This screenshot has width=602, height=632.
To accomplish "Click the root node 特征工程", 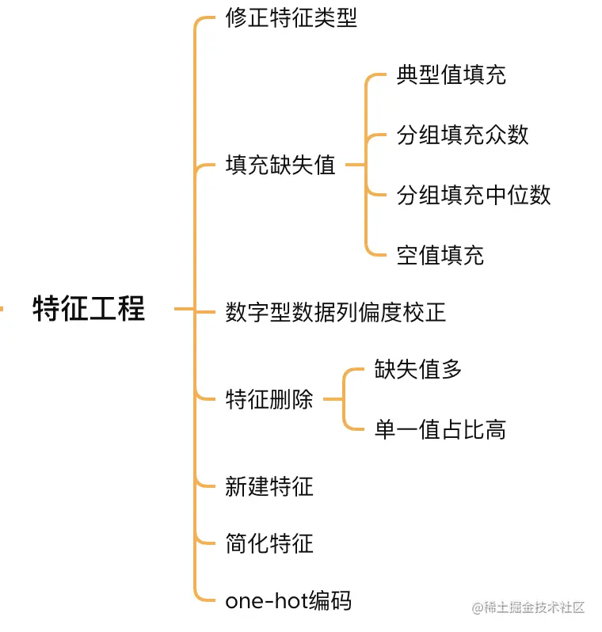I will coord(89,308).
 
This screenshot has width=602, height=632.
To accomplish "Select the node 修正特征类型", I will coord(291,18).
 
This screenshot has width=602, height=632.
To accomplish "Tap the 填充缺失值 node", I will coord(280,166).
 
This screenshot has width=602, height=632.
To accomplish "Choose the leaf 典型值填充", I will coord(451,75).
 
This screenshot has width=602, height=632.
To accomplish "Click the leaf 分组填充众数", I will coord(463,135).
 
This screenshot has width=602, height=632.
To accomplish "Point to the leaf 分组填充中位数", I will coord(474,195).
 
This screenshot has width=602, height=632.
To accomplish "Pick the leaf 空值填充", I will coord(440,255).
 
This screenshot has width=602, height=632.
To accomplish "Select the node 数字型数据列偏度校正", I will coord(336,312).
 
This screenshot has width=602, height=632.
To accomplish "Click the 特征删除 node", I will coord(269,399).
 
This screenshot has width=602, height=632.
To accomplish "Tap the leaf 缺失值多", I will coord(418,370).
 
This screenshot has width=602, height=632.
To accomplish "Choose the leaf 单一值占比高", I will coord(440,429).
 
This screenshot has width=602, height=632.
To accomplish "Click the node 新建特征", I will coord(269,486).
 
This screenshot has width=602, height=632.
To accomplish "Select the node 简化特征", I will coord(269,543).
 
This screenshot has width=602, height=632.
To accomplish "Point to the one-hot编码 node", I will coord(288,601).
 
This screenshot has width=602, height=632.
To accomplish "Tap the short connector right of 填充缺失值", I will coord(354,166).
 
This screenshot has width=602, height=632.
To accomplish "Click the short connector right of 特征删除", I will coord(332,399).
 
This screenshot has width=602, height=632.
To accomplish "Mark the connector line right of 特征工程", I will coord(184,309).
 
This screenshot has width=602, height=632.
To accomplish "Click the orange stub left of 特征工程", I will coord(2,308).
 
